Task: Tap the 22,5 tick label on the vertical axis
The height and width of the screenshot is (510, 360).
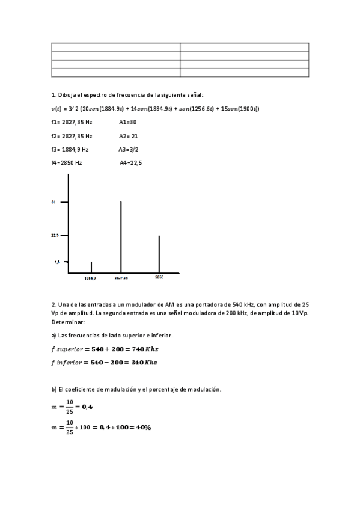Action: [55, 236]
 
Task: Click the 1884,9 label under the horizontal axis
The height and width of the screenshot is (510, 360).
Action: [91, 278]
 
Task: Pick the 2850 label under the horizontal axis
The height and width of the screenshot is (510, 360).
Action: [159, 277]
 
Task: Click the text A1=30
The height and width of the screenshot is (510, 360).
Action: [128, 122]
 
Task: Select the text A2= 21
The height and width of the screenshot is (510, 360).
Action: [129, 136]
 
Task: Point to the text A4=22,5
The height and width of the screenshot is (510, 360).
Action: [131, 163]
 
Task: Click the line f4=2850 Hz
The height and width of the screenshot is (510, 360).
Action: [67, 163]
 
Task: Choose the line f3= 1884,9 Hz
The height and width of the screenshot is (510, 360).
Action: [70, 149]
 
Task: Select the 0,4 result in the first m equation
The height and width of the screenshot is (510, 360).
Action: [86, 407]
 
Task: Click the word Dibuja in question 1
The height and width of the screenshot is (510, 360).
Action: [68, 95]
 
